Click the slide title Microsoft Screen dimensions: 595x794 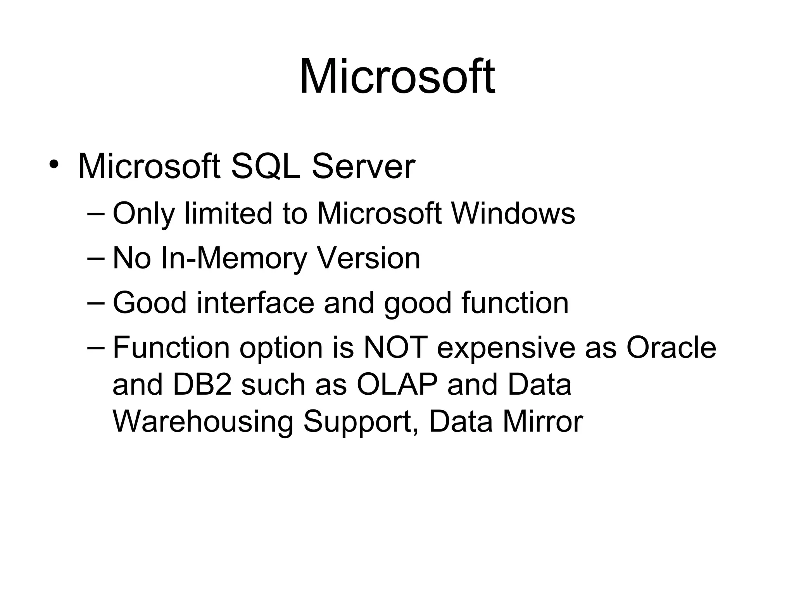(397, 76)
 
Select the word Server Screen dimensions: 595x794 (363, 167)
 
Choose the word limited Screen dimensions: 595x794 (229, 213)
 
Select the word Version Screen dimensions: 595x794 (369, 258)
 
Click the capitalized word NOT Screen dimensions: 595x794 (395, 347)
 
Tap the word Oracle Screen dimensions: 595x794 (671, 347)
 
